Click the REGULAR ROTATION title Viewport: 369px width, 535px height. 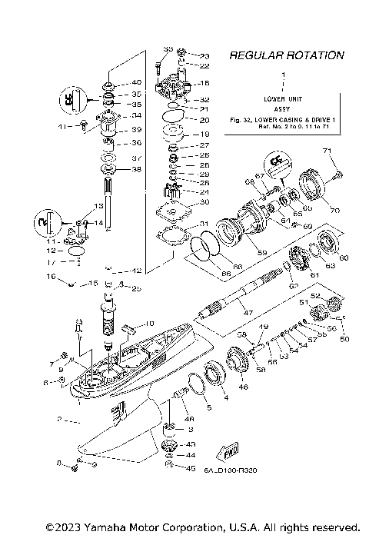286,55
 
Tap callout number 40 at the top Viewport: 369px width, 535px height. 137,82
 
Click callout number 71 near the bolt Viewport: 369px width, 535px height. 326,150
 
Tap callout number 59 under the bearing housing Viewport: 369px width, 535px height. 261,252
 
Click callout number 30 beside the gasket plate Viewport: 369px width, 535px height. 183,202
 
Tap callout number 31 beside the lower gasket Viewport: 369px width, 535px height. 183,224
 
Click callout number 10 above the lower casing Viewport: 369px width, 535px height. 150,323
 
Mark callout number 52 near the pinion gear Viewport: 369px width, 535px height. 314,295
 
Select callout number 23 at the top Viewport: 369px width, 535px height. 183,56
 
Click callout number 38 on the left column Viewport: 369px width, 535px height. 137,169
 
